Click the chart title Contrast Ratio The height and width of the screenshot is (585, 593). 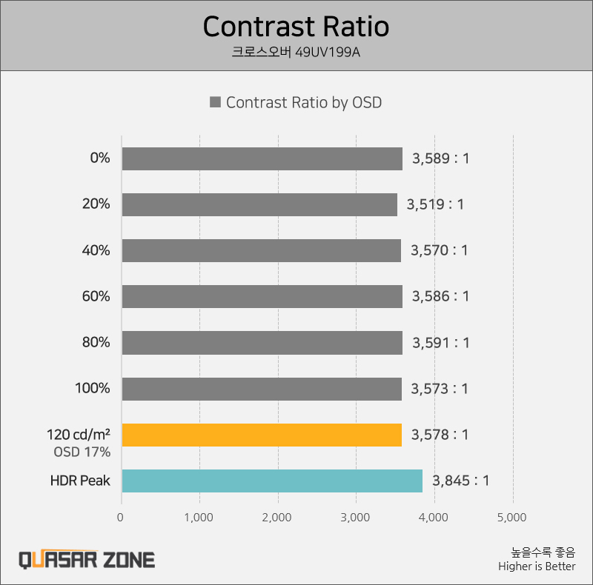pos(296,27)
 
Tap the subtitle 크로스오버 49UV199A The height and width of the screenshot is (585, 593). pos(296,53)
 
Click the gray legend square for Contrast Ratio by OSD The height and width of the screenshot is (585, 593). pos(216,103)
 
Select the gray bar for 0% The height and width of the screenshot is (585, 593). pos(262,158)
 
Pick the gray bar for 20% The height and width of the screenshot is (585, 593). pos(259,204)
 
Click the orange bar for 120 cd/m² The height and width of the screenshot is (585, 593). pos(262,435)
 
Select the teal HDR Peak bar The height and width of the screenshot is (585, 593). pos(272,481)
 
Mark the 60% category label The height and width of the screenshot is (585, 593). pos(96,296)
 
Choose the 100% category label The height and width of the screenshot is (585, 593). pos(93,388)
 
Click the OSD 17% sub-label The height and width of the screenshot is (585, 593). pos(82,451)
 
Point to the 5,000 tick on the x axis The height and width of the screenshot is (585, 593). pos(513,517)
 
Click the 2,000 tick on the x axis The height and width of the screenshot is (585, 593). pos(278,517)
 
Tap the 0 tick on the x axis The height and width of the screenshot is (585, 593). pos(121,517)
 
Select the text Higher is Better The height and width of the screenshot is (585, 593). pos(537,566)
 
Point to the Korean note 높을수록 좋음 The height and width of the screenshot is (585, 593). pos(543,552)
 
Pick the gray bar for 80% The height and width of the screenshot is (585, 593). pos(262,343)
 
